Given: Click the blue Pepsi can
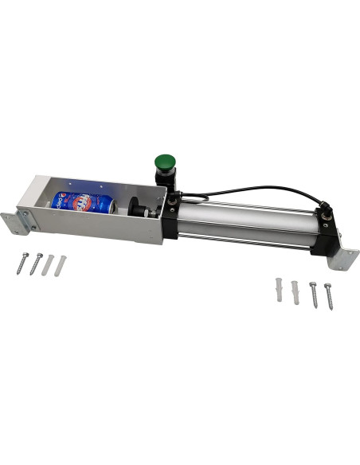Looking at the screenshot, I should click(80, 202).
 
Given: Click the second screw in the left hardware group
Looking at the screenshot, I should click(35, 264).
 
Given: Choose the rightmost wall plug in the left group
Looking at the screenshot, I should click(61, 263).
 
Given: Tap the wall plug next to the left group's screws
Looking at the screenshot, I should click(48, 264).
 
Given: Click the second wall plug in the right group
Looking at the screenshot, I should click(295, 291).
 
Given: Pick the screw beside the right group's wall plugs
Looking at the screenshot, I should click(312, 294).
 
